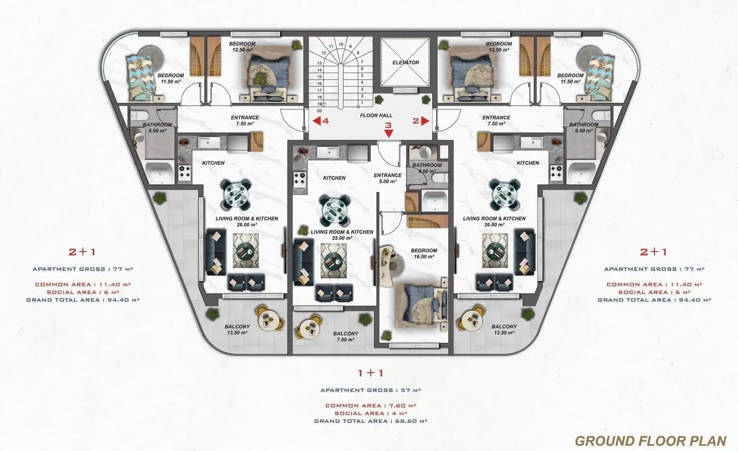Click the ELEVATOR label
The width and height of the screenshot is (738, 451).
pos(405,63)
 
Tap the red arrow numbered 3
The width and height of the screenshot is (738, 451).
pos(389,133)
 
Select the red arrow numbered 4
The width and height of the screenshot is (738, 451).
pos(317,121)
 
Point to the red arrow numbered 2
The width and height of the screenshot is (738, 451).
pos(425,121)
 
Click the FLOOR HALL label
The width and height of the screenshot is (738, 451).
pos(376,116)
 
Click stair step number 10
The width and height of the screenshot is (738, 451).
pos(341,45)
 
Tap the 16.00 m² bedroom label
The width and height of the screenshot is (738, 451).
pos(424,254)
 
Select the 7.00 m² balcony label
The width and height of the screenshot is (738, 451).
pos(345,336)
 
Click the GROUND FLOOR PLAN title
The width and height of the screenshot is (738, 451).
pos(651,441)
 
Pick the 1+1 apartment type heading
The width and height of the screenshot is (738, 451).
pos(371,373)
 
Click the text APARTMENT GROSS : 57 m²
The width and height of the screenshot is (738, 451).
pos(371,390)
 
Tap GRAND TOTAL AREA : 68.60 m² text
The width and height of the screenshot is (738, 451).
pos(371,421)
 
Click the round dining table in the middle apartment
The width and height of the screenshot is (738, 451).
pos(334,208)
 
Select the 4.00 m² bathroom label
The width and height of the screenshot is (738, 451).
pos(427,168)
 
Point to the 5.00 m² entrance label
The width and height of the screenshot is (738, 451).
pos(387,178)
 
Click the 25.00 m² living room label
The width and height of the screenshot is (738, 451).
pos(342,235)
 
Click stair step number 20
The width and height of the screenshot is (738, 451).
pos(319,111)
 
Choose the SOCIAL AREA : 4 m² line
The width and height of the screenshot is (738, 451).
pos(371,413)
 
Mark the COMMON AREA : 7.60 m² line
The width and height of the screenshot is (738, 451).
pos(371,405)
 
